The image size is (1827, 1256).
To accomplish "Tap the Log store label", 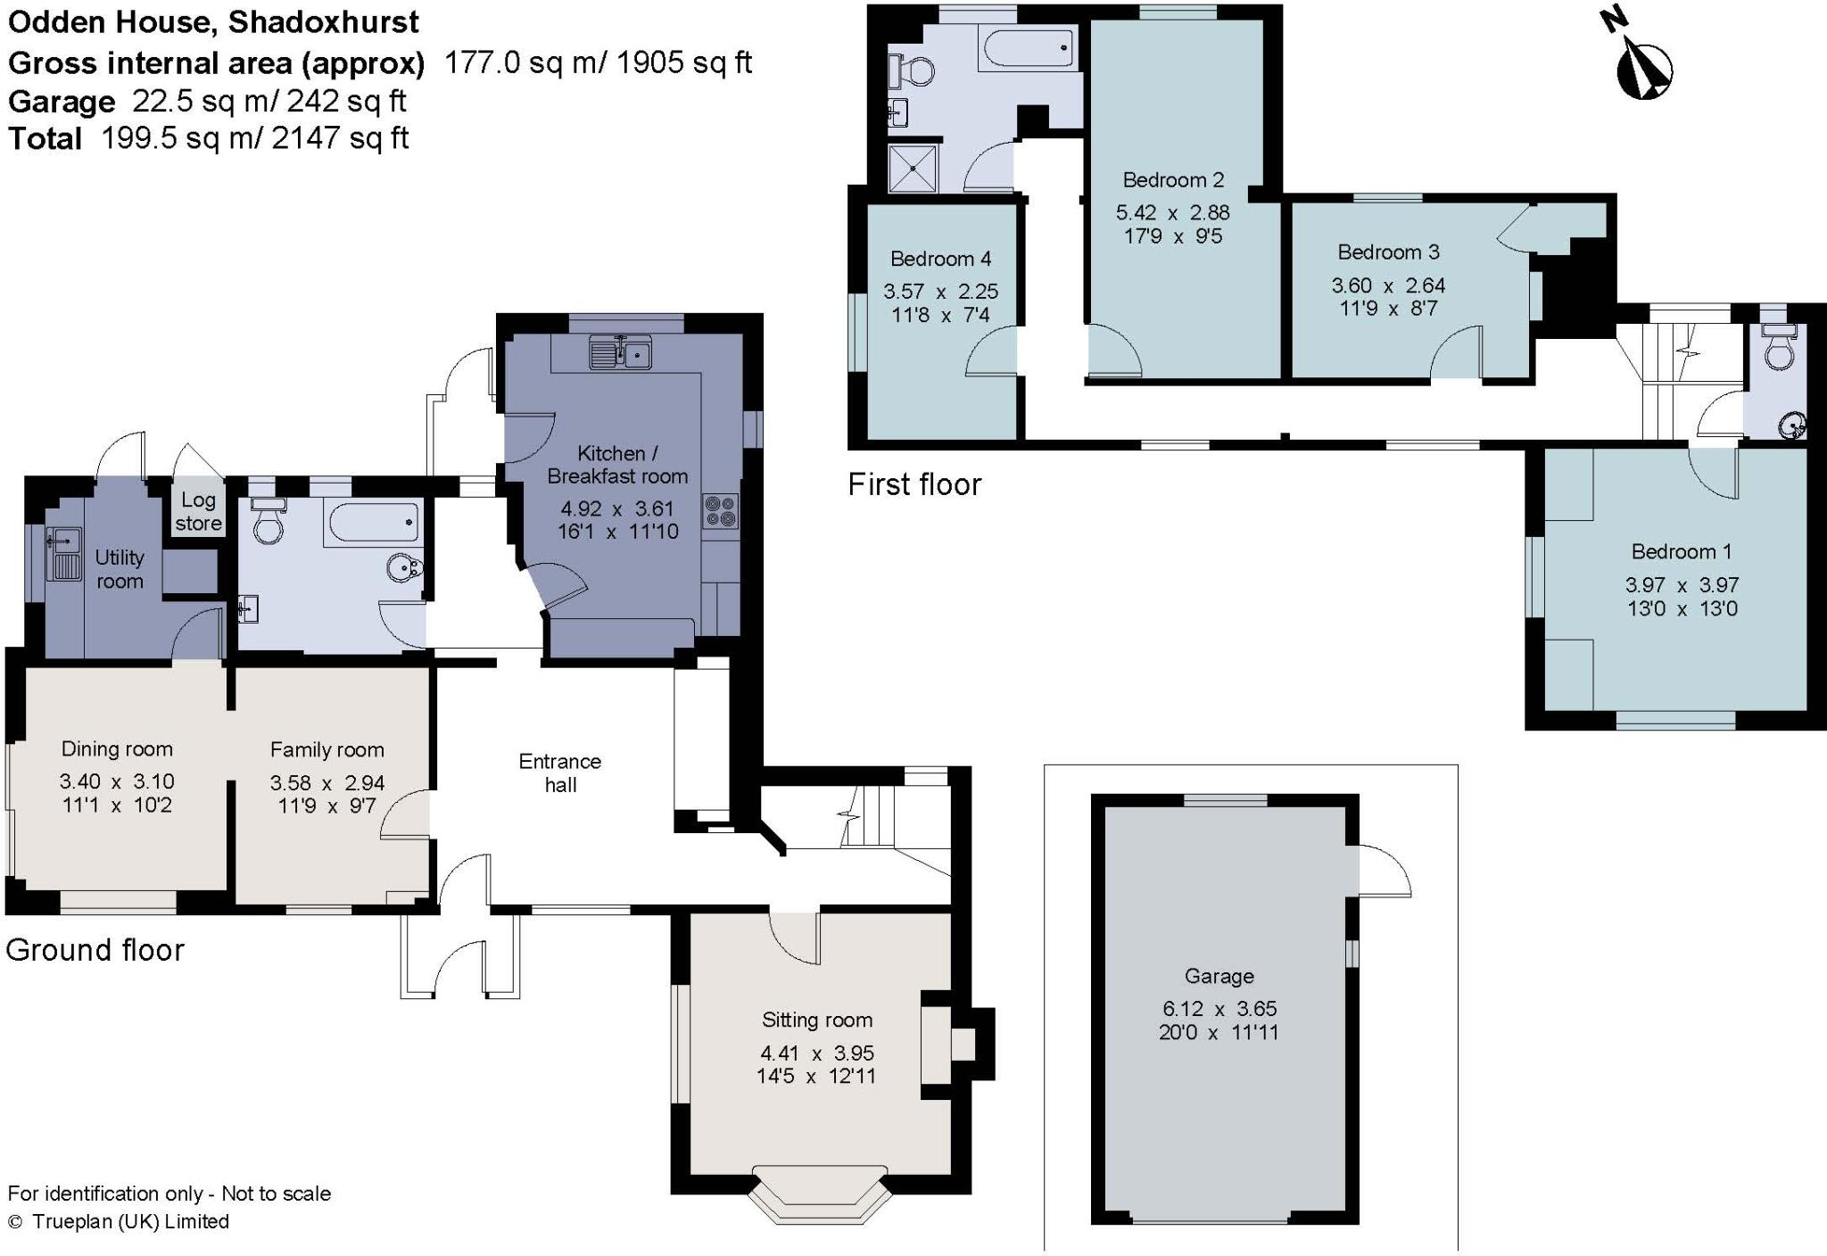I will click(198, 511).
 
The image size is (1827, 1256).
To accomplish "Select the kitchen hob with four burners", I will click(721, 511).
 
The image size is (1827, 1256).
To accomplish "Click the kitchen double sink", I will click(620, 353).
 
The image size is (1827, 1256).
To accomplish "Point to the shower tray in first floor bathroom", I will click(913, 168).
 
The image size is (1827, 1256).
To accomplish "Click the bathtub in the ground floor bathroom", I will click(372, 522).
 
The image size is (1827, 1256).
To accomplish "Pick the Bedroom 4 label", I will click(940, 259).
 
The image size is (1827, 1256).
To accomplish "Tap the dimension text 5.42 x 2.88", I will click(1172, 212).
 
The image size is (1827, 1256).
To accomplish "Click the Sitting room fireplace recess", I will click(962, 1044).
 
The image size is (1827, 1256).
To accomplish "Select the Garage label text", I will click(1219, 976).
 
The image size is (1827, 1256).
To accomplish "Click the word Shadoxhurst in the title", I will click(324, 21).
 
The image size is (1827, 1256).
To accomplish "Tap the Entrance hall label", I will click(560, 773).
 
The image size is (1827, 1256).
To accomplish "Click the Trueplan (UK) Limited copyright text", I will click(130, 1221).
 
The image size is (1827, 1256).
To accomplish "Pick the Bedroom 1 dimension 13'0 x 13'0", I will click(1682, 608).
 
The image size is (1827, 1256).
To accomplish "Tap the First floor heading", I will click(914, 484).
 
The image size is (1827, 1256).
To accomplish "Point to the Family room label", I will click(327, 749).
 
